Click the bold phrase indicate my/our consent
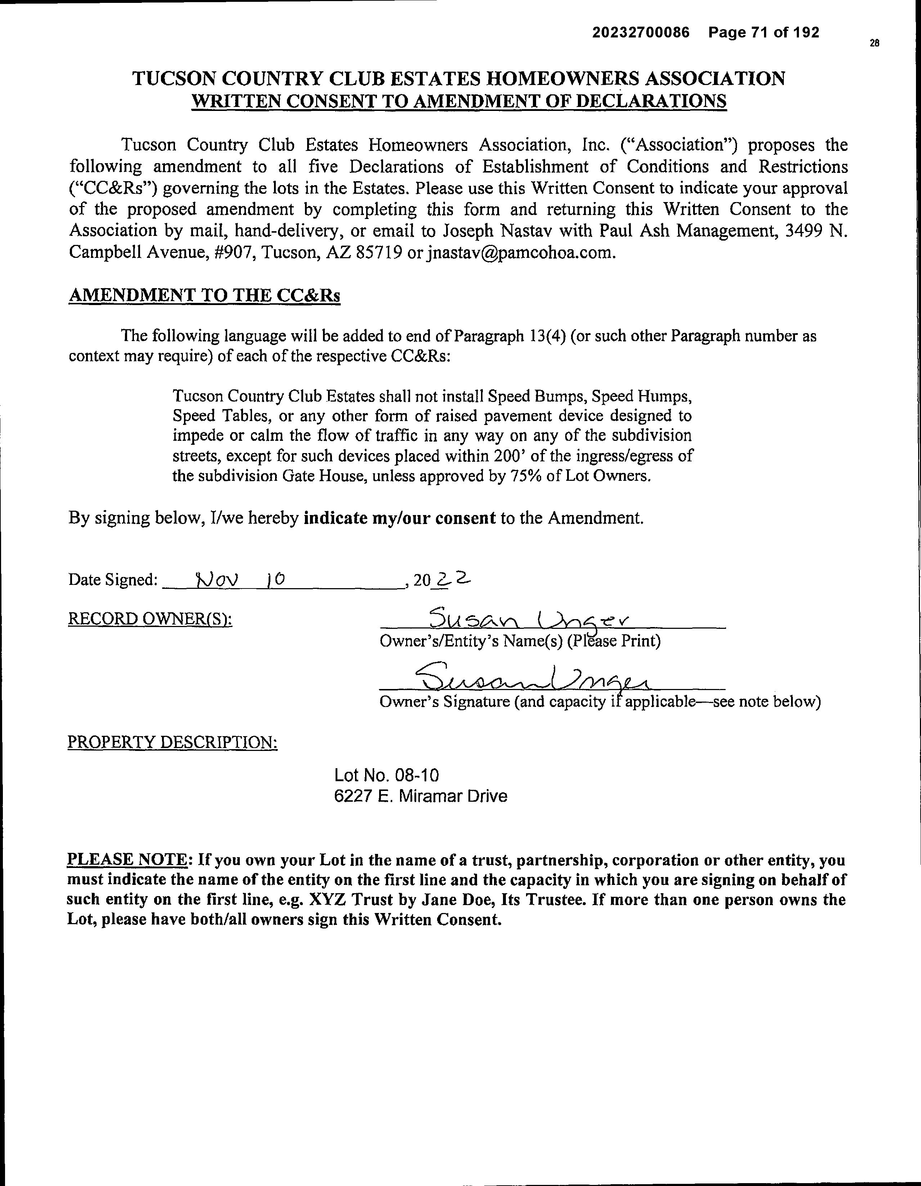(399, 518)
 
